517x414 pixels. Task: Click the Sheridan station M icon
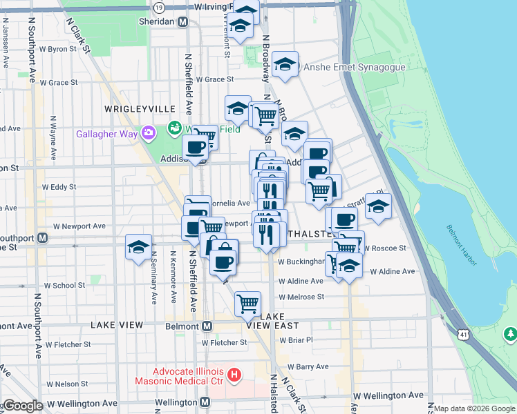coord(182,22)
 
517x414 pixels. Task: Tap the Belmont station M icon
coord(206,326)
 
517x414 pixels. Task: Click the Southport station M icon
coord(42,238)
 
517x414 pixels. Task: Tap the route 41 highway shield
coord(462,335)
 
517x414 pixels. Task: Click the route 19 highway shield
coord(160,7)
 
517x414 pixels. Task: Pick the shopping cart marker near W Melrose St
coord(247,302)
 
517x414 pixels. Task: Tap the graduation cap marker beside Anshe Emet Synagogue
coord(285,66)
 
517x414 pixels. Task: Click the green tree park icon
coord(510,335)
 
